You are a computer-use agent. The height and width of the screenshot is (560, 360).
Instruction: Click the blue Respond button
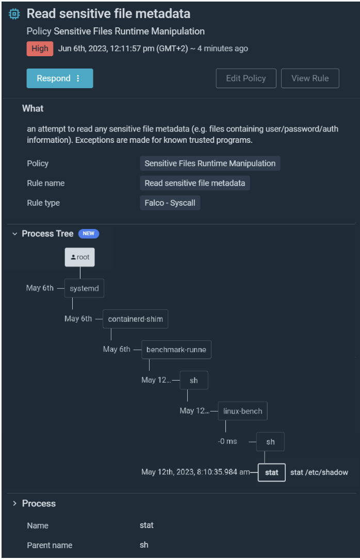(59, 78)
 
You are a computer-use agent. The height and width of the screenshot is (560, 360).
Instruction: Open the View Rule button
(310, 78)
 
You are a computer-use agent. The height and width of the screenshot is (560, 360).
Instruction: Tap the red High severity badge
(40, 48)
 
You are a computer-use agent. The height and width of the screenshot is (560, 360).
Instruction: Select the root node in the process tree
(80, 257)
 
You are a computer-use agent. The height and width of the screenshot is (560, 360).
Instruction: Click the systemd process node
(84, 288)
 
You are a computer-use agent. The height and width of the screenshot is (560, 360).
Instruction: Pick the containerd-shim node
(135, 319)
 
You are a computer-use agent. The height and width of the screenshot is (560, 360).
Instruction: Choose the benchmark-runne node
(176, 350)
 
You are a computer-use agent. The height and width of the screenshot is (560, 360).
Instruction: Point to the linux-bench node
(242, 411)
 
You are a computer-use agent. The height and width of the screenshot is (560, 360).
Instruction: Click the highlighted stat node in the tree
(271, 472)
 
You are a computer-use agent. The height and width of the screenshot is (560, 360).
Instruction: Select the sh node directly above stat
(270, 442)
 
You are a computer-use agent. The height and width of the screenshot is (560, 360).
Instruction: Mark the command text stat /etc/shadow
(319, 472)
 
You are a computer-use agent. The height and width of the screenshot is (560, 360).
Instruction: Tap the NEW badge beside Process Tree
(89, 234)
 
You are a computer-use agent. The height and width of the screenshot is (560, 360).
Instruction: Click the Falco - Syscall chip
(170, 203)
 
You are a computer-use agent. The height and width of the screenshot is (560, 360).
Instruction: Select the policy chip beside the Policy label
(210, 163)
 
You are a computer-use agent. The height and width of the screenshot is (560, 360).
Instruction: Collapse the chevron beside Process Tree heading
(14, 234)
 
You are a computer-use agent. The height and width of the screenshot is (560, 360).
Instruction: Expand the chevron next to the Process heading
(14, 503)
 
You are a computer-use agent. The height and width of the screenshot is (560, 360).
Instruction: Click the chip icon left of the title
(14, 14)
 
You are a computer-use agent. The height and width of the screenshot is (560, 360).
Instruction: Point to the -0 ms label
(227, 442)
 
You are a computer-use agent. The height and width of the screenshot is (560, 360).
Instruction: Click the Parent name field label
(50, 545)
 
